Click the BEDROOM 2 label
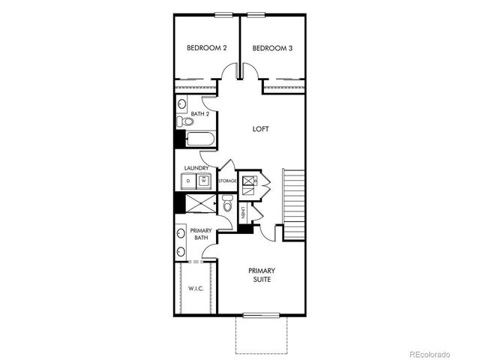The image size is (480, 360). pos(206,49)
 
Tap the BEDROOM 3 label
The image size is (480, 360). pos(272,49)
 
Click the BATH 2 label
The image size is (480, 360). pos(199,114)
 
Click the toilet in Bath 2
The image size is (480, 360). pos(180,121)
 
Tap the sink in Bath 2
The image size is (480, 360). pos(182,103)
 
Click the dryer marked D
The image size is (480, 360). pos(187,181)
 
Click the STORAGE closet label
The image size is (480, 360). pos(227,181)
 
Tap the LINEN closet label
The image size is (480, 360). pos(244,213)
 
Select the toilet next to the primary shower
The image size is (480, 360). pos(226,203)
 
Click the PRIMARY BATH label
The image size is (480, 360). pos(201,234)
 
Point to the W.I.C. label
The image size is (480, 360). pos(196,288)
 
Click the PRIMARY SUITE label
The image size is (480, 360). pos(262,274)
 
